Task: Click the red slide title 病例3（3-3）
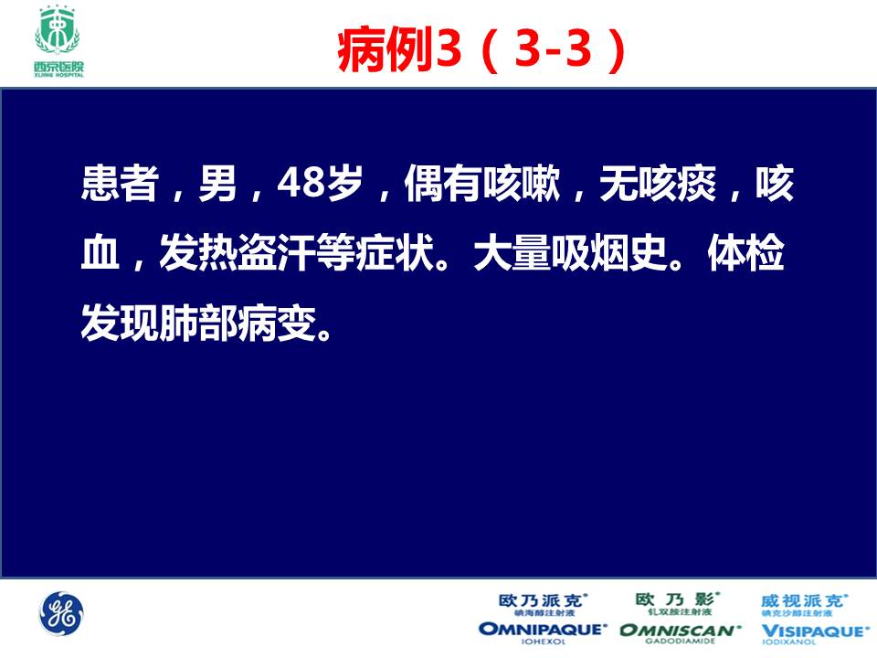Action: [x=481, y=49]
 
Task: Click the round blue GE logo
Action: [x=61, y=614]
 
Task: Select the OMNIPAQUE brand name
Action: [x=543, y=630]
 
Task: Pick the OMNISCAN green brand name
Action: [x=680, y=630]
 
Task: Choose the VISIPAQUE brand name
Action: [x=813, y=631]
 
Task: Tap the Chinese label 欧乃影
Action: [x=677, y=600]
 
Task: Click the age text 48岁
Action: [x=320, y=184]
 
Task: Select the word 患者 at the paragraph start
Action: [x=120, y=184]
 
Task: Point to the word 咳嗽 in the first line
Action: [x=522, y=184]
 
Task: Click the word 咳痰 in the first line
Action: [x=677, y=184]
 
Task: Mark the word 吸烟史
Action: [x=609, y=253]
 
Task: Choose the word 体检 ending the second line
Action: [x=746, y=253]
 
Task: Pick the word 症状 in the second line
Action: [x=396, y=253]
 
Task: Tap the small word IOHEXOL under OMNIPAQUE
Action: [x=543, y=642]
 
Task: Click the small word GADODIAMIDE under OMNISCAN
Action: [x=680, y=642]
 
